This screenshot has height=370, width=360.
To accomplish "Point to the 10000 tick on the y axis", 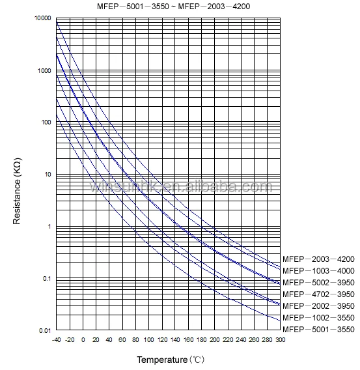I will pos(42,18).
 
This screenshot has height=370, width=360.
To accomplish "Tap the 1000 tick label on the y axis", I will pos(44,70).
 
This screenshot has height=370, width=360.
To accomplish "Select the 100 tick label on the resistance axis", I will pos(45,122).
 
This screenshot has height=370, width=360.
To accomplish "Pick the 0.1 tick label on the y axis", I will pos(46,279).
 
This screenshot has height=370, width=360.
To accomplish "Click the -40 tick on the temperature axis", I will pos(57,339).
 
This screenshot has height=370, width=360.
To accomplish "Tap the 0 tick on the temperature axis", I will pos(83,339).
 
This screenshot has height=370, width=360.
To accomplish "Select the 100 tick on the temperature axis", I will pos(149,339).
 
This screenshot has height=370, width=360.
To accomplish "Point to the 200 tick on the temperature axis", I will pos(215,339).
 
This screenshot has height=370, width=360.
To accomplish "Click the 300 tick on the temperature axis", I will pos(280,339).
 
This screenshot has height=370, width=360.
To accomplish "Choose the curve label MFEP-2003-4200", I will pos(319,259).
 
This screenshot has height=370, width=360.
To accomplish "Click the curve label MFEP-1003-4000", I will pos(319,270).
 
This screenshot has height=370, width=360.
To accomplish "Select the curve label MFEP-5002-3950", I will pos(319,282).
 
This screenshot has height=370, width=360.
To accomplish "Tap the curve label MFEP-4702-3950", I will pos(319,294).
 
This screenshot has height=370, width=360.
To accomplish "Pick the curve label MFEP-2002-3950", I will pos(319,306).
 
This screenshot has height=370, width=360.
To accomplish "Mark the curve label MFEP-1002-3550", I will pos(319,317).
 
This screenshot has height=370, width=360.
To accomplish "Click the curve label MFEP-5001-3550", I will pos(319,329).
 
